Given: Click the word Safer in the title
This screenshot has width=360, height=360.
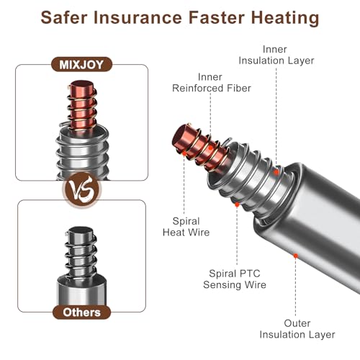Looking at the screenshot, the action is click(64, 17).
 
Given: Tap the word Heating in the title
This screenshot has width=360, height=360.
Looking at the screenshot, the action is click(285, 19).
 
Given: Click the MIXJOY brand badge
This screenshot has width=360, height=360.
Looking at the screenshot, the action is click(81, 64).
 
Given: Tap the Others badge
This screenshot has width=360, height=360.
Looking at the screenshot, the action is click(81, 312).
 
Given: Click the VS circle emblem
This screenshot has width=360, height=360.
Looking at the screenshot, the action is click(81, 189).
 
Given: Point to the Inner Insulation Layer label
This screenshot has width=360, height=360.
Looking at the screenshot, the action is click(276, 55).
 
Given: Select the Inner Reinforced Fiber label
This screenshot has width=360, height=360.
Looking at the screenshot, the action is click(212, 83).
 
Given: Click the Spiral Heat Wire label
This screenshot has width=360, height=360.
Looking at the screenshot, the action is click(186, 227).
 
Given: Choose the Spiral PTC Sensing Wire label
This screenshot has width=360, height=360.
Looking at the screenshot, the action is click(235, 279).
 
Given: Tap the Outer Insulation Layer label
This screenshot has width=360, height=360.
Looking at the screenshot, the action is click(297, 329).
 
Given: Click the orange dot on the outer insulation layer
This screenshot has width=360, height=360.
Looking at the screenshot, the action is click(296, 256).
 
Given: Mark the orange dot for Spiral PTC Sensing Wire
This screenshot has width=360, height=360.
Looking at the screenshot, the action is click(237, 204).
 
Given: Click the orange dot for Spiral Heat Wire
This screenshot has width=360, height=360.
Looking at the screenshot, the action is click(184, 153).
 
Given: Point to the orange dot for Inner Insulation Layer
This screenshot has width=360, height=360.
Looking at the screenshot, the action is click(276, 172).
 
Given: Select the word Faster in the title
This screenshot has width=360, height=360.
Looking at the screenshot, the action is click(217, 17).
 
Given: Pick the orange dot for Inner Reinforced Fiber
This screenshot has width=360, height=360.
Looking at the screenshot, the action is click(210, 148).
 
